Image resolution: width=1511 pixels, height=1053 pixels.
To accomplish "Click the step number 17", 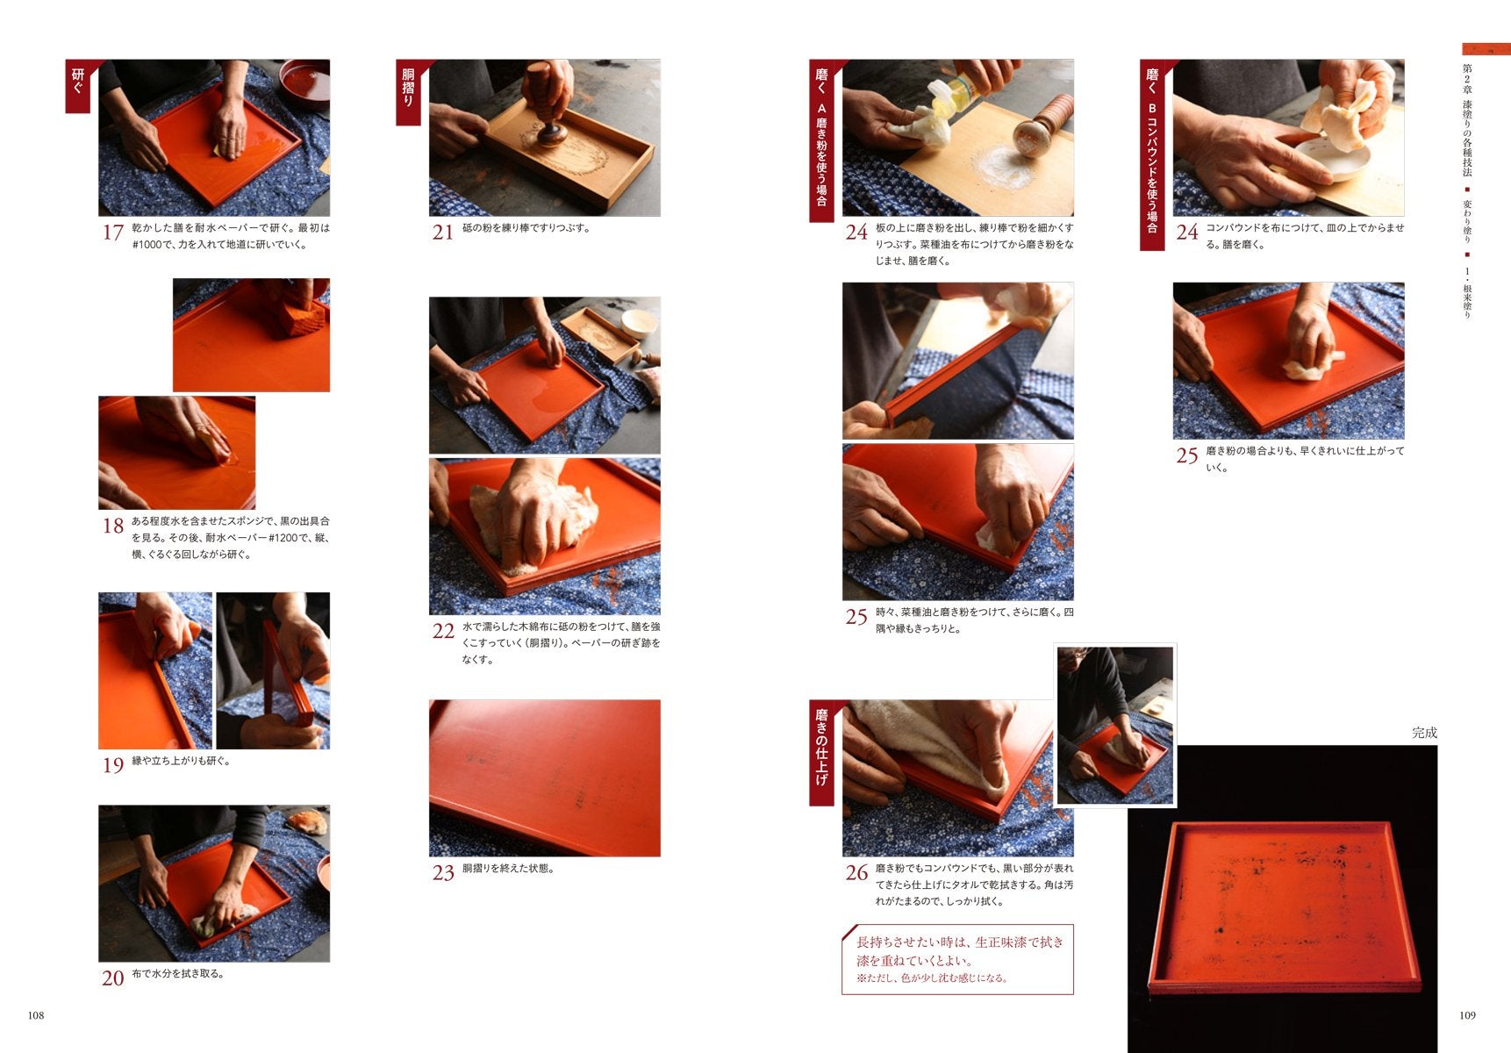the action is (x=112, y=233).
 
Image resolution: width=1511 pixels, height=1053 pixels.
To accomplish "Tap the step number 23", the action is (x=443, y=872).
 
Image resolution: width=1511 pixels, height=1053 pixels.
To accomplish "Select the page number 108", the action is (x=35, y=1015).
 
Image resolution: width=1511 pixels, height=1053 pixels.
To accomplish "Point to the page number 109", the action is (x=1467, y=1015).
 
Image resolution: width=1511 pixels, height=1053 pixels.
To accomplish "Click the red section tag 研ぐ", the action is (x=78, y=86).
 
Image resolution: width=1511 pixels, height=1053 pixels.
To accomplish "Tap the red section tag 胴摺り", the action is (x=408, y=91).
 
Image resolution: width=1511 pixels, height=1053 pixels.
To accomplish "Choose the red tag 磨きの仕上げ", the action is (x=821, y=752).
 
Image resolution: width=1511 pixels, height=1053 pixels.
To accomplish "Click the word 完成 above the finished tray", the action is (x=1424, y=733).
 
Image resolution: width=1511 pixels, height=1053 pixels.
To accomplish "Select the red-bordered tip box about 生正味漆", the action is (x=957, y=959).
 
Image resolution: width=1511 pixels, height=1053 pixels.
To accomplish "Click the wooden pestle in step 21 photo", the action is (x=548, y=101).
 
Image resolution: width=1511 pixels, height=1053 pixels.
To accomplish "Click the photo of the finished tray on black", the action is (x=1282, y=899).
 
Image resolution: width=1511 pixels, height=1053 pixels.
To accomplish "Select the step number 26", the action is (x=856, y=873).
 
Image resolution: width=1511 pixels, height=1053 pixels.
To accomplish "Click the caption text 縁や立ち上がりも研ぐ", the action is (x=182, y=761).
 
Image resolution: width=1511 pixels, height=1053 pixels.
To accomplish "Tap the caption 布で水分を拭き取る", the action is (x=178, y=973).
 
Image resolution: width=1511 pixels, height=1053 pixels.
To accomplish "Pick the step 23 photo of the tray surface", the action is (x=545, y=778).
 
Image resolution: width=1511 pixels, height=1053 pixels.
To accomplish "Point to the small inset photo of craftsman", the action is (x=1115, y=726).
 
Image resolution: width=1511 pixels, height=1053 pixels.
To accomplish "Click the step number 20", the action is (x=112, y=978).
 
